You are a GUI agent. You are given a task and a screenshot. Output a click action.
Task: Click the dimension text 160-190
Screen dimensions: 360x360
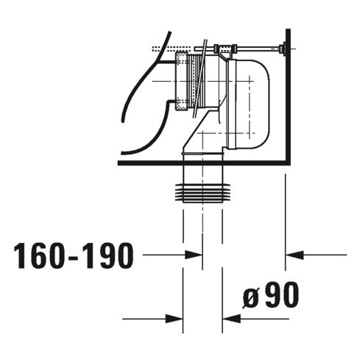74,256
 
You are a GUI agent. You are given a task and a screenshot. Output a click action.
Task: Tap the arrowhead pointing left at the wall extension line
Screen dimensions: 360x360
292,255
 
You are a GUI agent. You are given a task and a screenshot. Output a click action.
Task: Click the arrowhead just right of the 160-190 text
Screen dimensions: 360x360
196,255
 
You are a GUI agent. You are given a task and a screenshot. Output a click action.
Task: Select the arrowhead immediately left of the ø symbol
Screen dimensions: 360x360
228,319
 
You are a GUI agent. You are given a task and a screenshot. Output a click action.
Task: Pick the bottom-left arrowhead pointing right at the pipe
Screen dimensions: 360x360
177,319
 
